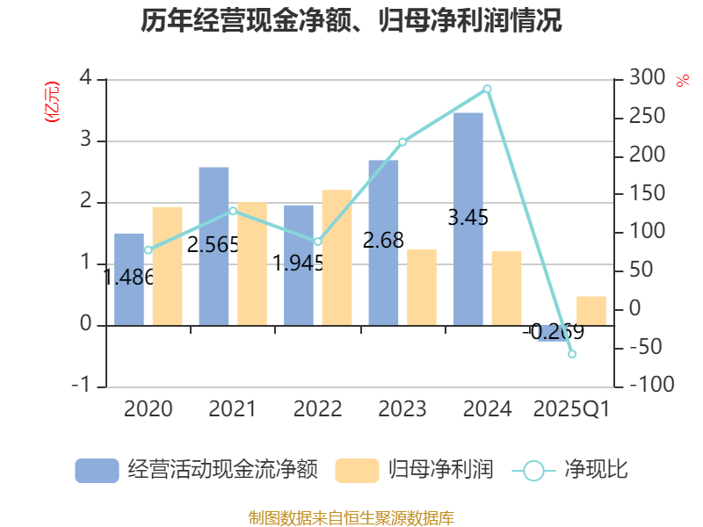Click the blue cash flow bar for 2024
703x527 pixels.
[468, 219]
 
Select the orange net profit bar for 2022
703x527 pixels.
[337, 257]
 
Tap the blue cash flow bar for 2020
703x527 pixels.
[129, 278]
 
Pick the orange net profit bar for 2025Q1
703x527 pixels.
[591, 311]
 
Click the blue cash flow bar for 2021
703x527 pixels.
[214, 246]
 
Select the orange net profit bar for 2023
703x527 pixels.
[422, 286]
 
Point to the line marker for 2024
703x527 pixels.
[488, 89]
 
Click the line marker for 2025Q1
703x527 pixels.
[572, 354]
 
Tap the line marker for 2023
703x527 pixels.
[402, 141]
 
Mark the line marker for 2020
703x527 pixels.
[148, 250]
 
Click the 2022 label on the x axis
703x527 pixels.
[317, 408]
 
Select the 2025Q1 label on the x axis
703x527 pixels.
[572, 408]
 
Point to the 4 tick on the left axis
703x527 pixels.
[85, 78]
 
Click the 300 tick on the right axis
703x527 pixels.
[646, 78]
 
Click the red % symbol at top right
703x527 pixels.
[682, 81]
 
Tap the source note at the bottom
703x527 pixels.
[351, 517]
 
